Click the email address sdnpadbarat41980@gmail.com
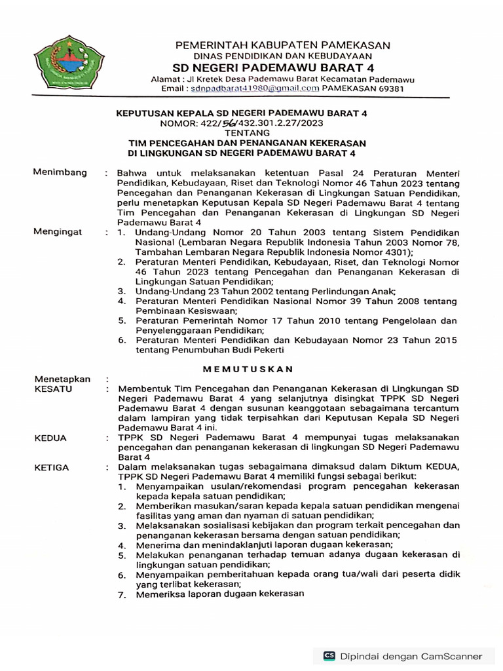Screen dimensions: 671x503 coord(255,88)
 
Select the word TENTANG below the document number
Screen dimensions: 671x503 coord(242,132)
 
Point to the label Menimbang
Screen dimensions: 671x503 coord(60,172)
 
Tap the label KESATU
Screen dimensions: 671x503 coord(53,389)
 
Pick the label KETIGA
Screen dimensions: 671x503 coord(53,467)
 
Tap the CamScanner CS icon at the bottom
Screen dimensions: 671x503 coord(329,656)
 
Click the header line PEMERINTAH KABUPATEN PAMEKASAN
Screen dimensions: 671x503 coord(282,45)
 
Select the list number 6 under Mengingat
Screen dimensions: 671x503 coord(121,341)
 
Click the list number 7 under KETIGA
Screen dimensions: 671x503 coord(121,595)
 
